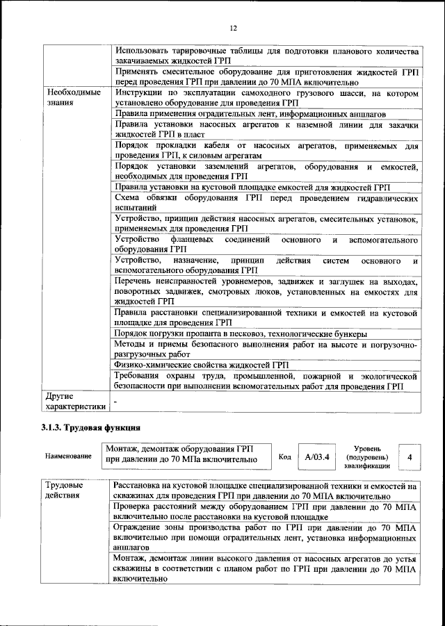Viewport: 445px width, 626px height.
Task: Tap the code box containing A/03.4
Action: (x=316, y=456)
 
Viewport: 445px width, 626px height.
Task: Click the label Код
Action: (x=284, y=456)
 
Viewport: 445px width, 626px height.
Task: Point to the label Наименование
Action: (x=68, y=456)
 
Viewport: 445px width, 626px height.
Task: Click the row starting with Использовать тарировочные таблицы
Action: (x=266, y=56)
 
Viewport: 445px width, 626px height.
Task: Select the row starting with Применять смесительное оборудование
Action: (x=266, y=77)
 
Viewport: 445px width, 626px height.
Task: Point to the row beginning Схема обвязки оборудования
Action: (x=266, y=204)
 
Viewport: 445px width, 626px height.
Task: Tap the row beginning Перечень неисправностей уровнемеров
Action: (x=266, y=291)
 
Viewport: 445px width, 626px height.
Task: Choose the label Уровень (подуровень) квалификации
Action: (x=366, y=457)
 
